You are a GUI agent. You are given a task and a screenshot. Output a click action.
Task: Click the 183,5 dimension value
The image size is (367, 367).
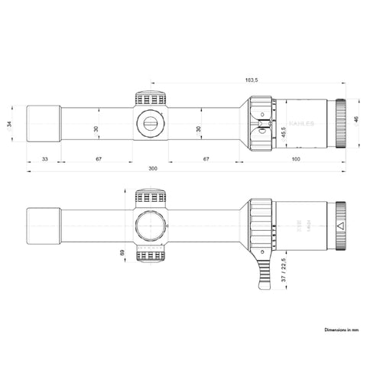click(x=250, y=80)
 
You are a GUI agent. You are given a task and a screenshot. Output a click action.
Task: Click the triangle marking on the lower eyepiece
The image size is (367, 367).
click(x=341, y=227)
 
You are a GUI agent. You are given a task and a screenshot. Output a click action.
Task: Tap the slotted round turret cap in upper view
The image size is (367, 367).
click(x=151, y=122)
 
